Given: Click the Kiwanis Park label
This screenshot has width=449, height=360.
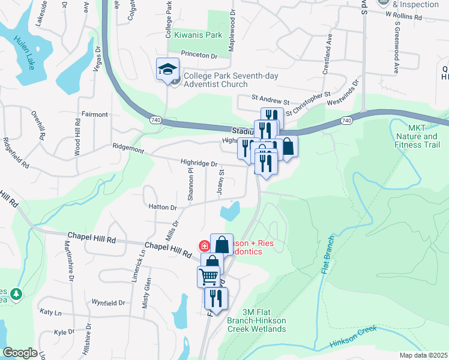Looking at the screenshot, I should [x=194, y=35].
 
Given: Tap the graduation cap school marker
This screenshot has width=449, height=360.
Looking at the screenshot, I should [x=167, y=70].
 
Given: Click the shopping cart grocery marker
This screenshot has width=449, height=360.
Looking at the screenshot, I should [x=208, y=277].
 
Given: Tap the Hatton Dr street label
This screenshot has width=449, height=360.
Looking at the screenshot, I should [x=162, y=208].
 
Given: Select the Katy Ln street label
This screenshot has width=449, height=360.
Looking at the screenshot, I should [x=50, y=313].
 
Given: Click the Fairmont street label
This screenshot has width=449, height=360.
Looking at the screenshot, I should [x=94, y=114].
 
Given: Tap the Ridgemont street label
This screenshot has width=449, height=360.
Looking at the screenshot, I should [x=128, y=147].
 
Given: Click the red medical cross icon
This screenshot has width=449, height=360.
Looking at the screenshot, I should [x=204, y=245].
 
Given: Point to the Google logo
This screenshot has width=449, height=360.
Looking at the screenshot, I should [x=20, y=353].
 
